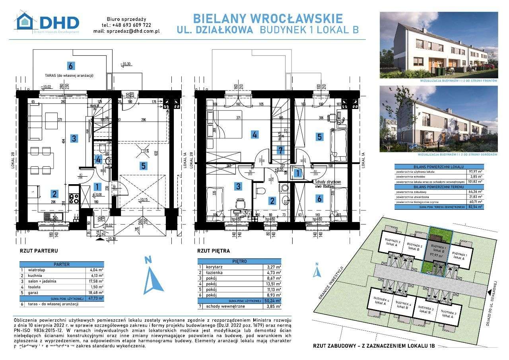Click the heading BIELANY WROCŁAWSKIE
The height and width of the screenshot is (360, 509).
pyautogui.click(x=268, y=19)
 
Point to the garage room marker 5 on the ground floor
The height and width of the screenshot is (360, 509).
pyautogui.click(x=143, y=165)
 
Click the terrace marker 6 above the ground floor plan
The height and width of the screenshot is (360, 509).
pyautogui.click(x=71, y=66)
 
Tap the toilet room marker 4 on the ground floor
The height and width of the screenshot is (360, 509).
pyautogui.click(x=98, y=160)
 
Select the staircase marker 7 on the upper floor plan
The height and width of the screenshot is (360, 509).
pyautogui.click(x=281, y=150)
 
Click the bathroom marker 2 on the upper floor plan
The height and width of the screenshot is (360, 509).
pyautogui.click(x=272, y=201)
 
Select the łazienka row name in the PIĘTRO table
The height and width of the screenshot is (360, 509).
pyautogui.click(x=215, y=272)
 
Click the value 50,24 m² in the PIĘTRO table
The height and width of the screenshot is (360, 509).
pyautogui.click(x=272, y=301)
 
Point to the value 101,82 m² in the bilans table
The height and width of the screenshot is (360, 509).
pyautogui.click(x=475, y=181)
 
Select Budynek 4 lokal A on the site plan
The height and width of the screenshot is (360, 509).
pyautogui.click(x=381, y=300)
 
